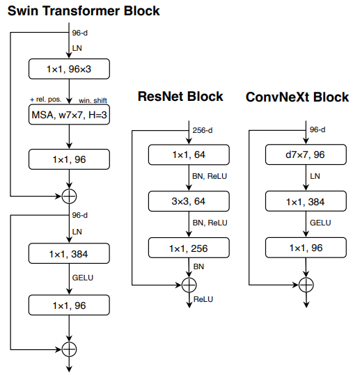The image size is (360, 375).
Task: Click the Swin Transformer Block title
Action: click(x=84, y=10)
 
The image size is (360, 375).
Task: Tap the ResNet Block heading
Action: click(x=180, y=97)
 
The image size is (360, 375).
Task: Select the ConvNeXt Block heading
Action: click(x=297, y=97)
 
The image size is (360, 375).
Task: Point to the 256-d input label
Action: click(x=203, y=129)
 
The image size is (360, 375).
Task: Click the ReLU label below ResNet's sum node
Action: click(x=203, y=299)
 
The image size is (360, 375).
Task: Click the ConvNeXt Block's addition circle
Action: click(x=307, y=284)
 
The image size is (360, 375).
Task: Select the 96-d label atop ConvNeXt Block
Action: click(x=318, y=129)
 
